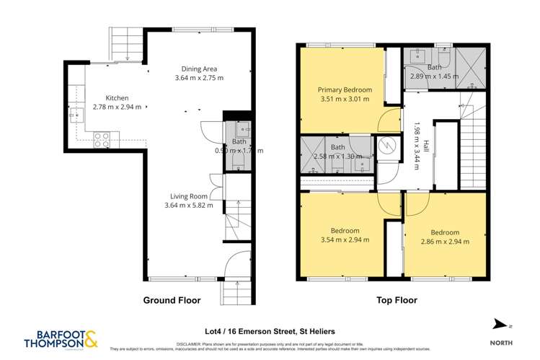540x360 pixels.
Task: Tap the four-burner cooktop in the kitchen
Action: click(102, 137)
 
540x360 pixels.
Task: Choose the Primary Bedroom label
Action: click(345, 89)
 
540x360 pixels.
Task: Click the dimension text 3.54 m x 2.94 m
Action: click(345, 240)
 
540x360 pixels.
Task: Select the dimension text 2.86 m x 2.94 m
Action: click(444, 242)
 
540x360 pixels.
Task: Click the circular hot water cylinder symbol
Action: click(387, 145)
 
